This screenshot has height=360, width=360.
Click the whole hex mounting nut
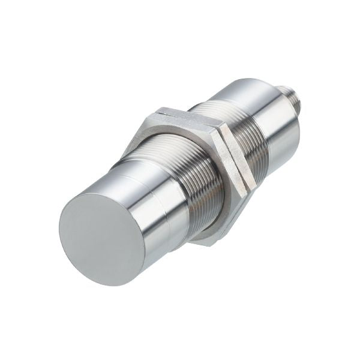pos(198,174)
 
